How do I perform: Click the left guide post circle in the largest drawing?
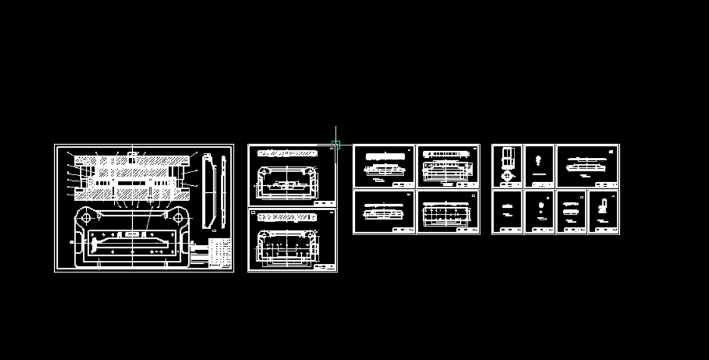click(86, 217)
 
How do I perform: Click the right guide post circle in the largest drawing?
click(178, 217)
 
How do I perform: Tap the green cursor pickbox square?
click(335, 145)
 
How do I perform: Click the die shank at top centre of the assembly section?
click(132, 156)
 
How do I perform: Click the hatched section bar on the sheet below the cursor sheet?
click(286, 217)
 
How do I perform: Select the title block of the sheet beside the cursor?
click(324, 203)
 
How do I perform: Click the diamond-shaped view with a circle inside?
click(506, 176)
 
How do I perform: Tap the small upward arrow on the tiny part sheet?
click(540, 213)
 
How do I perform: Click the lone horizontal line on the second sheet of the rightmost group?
click(539, 174)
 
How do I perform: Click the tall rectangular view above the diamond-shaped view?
click(506, 156)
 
